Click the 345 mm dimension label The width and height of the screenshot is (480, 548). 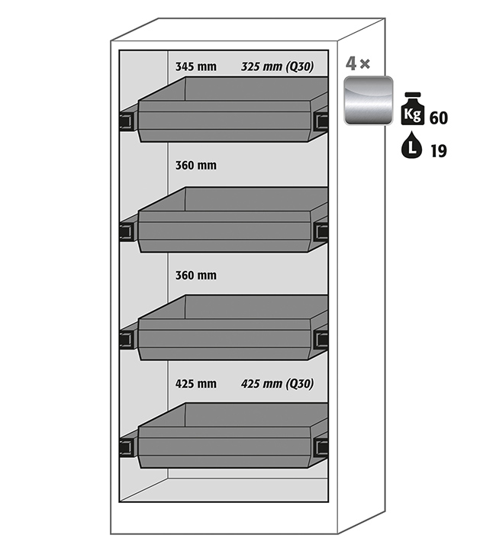(195, 66)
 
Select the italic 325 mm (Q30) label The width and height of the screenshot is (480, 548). (277, 66)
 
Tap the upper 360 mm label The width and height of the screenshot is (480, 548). (195, 166)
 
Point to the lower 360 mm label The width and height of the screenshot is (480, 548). (195, 276)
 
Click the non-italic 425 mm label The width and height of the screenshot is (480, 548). (195, 384)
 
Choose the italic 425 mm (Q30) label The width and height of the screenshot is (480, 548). (277, 384)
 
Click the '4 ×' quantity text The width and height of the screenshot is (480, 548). (357, 63)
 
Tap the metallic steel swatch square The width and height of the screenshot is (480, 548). (369, 101)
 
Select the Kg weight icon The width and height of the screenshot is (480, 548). (413, 108)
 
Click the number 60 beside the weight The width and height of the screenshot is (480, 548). (439, 118)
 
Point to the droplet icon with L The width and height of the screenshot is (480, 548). (412, 145)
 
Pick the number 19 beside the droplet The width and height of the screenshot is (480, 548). (439, 151)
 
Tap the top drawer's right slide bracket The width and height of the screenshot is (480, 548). (321, 121)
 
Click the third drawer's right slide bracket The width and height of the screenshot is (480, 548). (321, 339)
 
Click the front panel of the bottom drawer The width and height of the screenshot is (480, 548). (224, 447)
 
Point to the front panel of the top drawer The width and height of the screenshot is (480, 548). (224, 121)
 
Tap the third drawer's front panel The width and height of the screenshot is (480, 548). (224, 340)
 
